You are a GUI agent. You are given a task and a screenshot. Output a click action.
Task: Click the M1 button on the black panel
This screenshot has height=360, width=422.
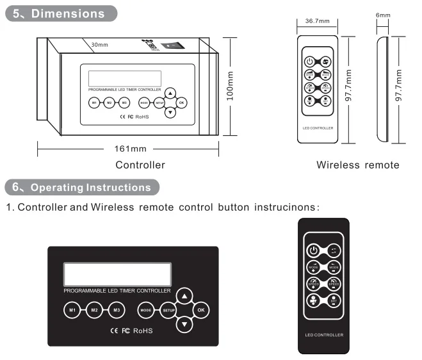tap(73, 311)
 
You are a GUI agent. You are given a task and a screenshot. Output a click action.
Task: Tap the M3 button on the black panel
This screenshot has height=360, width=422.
tap(116, 311)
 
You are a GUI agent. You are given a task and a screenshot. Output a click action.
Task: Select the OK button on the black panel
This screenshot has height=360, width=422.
tap(201, 310)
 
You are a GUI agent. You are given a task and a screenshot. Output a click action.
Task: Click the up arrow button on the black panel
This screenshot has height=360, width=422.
tap(184, 296)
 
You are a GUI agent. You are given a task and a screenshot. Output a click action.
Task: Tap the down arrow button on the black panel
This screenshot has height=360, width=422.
tap(184, 325)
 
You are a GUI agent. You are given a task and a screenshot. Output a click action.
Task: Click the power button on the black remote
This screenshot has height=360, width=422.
tap(313, 250)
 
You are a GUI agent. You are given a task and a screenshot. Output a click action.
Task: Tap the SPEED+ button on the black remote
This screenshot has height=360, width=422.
tap(313, 282)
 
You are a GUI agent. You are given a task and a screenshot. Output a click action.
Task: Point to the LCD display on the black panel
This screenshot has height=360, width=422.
tap(117, 275)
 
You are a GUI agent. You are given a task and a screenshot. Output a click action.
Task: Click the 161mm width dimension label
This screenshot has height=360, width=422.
tap(131, 149)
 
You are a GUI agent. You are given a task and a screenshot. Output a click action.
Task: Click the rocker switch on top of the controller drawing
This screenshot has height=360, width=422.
tap(171, 46)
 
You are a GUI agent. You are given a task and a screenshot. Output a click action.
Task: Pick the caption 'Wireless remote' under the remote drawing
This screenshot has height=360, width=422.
tap(358, 165)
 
